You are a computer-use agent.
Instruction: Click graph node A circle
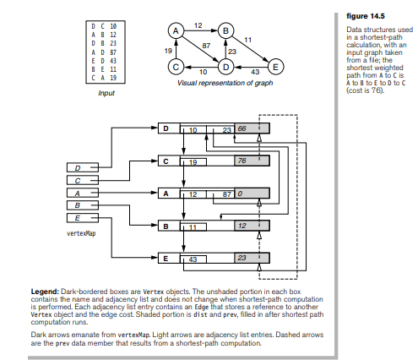point(176,30)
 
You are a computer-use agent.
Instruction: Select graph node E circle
point(275,67)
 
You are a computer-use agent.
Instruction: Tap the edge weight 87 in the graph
point(206,46)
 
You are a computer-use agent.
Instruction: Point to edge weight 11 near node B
point(247,40)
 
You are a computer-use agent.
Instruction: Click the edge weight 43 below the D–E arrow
point(255,72)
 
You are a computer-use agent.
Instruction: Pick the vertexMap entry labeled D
point(83,167)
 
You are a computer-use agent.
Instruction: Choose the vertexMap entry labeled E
point(83,218)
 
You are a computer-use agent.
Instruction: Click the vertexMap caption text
point(81,233)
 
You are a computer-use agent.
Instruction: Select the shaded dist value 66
point(242,128)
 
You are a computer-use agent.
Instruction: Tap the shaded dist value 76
point(242,161)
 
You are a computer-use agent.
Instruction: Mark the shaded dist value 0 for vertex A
point(240,194)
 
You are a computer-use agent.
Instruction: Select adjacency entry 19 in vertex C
point(193,162)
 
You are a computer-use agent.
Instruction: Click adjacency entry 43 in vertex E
point(193,259)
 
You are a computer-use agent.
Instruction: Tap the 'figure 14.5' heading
point(365,16)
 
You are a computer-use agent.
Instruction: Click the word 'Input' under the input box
point(106,93)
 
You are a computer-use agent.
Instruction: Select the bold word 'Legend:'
point(45,292)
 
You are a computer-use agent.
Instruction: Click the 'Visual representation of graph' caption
point(225,83)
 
